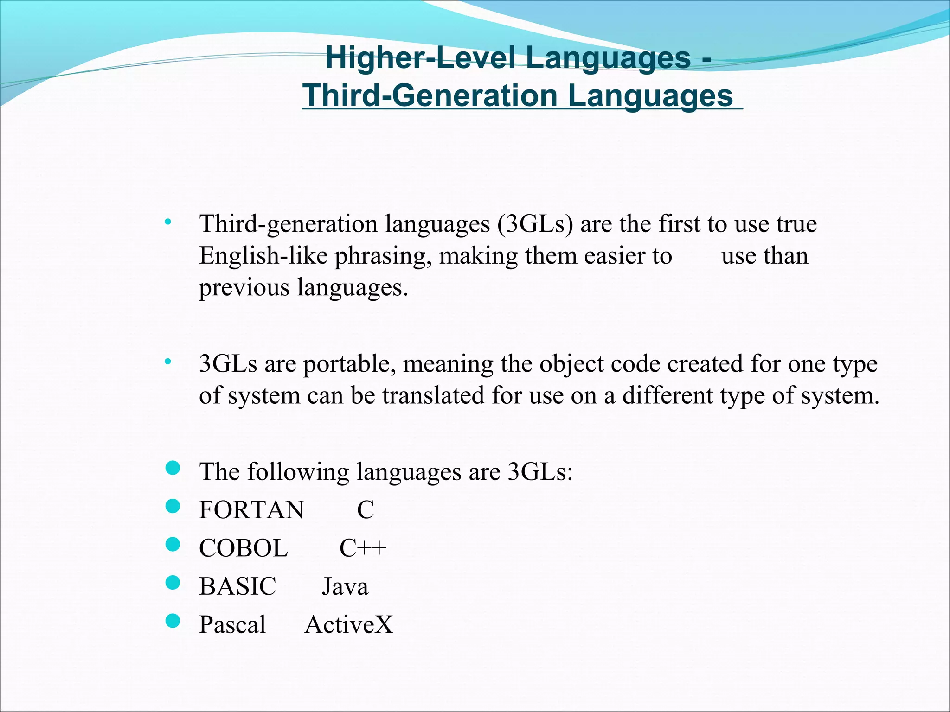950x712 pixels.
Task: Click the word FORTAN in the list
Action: [x=251, y=510]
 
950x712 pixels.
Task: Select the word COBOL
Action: [x=243, y=548]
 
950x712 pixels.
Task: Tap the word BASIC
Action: [x=237, y=586]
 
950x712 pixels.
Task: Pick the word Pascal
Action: [x=232, y=624]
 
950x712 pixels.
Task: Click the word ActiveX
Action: [x=348, y=624]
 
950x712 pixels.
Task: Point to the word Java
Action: [x=345, y=586]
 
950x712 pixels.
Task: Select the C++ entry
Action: [x=362, y=548]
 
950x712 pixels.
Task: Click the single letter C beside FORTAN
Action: [x=365, y=510]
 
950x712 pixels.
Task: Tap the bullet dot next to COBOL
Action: [x=173, y=544]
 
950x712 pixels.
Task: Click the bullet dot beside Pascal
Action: [x=173, y=620]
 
